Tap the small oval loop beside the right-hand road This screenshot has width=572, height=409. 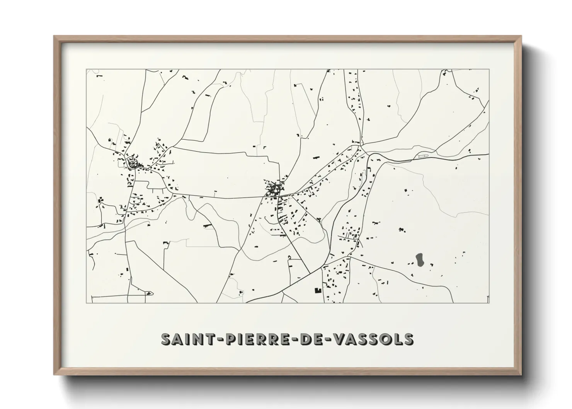(x=421, y=156)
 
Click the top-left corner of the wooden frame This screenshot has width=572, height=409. (x=54, y=36)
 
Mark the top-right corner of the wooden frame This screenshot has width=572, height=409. (x=521, y=36)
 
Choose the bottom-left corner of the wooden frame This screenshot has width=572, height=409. (x=54, y=375)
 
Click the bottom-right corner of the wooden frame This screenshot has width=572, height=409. (x=521, y=375)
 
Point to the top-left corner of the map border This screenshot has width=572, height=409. (x=86, y=70)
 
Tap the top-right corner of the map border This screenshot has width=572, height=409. (x=489, y=70)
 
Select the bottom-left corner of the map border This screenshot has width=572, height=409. (x=86, y=303)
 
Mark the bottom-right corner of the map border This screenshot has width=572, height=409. (x=489, y=303)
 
